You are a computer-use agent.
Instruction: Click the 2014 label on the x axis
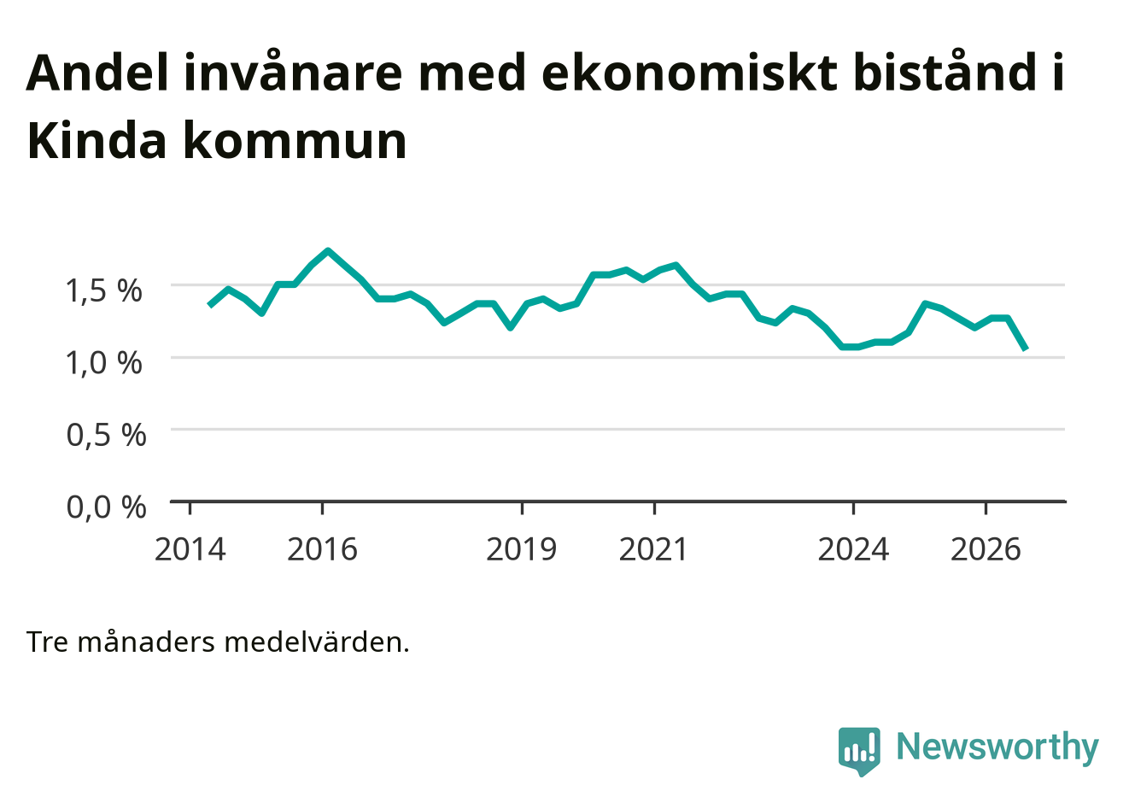point(190,549)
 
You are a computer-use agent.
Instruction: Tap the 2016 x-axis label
point(322,549)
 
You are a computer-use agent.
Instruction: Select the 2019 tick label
point(522,549)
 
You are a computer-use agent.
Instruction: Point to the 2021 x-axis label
point(653,549)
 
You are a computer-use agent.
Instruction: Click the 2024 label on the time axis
point(853,549)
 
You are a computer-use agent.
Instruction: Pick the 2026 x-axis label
point(986,549)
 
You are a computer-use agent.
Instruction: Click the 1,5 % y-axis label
point(104,290)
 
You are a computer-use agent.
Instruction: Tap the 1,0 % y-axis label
point(104,363)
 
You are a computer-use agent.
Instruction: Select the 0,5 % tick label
point(106,435)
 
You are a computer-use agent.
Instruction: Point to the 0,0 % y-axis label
point(106,507)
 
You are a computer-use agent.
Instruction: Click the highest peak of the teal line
point(328,250)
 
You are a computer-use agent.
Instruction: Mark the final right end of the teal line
point(1026,349)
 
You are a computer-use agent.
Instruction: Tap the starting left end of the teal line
point(210,305)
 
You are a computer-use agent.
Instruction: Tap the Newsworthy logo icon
point(859,751)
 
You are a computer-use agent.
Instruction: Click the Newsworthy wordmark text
point(997,747)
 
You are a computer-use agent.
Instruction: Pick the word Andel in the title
point(97,73)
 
